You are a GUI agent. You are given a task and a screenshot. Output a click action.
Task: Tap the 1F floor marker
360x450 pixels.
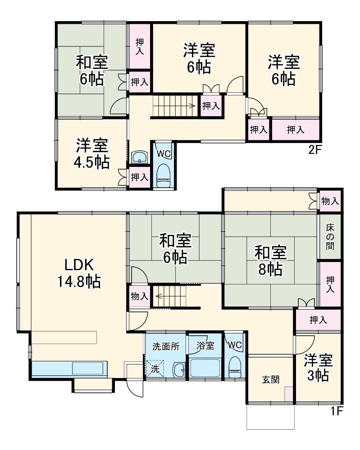[x=336, y=410]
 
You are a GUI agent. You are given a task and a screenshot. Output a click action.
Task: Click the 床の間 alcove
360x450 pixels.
[x=331, y=236]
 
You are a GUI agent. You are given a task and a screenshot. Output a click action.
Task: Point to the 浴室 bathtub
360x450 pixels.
[x=205, y=368]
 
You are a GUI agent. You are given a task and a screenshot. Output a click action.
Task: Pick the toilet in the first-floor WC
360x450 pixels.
[x=235, y=368]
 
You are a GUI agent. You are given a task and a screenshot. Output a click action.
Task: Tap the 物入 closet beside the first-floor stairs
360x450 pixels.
[x=139, y=296]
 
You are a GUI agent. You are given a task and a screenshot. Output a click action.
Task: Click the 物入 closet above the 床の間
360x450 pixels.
[x=330, y=201]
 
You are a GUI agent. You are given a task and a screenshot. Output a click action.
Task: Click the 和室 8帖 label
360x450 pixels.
[x=270, y=260]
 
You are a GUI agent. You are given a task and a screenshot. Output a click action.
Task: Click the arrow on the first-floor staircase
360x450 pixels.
[x=159, y=296]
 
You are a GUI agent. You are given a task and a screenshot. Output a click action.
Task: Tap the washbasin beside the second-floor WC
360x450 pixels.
[x=140, y=157]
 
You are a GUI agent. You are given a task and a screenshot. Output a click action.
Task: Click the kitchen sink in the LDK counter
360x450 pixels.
[x=89, y=368]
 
